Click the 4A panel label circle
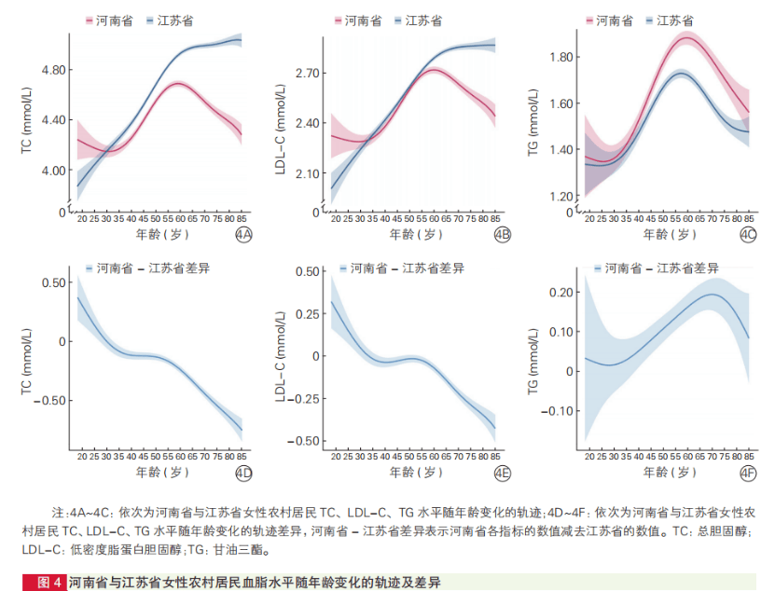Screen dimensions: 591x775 point(244,235)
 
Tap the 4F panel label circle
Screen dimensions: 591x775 point(748,474)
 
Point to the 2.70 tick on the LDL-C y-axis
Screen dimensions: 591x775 point(306,73)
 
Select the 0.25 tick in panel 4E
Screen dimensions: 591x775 point(305,313)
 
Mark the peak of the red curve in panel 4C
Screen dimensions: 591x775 point(687,37)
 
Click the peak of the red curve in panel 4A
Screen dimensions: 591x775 point(177,84)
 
